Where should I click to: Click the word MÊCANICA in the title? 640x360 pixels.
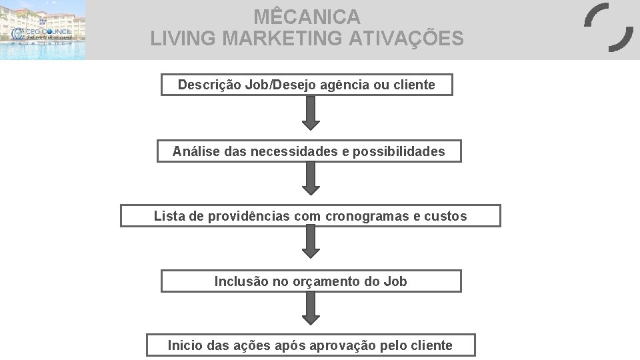[307, 16]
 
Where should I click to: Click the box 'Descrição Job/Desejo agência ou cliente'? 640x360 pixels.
[307, 85]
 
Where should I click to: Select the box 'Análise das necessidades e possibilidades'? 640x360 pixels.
[309, 152]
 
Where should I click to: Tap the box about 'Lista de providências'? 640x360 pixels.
[310, 216]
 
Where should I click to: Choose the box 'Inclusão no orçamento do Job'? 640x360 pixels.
[311, 281]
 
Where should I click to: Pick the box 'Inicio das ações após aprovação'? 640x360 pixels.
[311, 345]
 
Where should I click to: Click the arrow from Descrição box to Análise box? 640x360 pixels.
[311, 113]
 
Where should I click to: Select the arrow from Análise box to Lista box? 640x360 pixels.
[311, 179]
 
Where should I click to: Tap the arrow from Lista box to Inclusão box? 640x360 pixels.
[311, 243]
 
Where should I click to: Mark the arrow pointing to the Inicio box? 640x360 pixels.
[311, 309]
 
